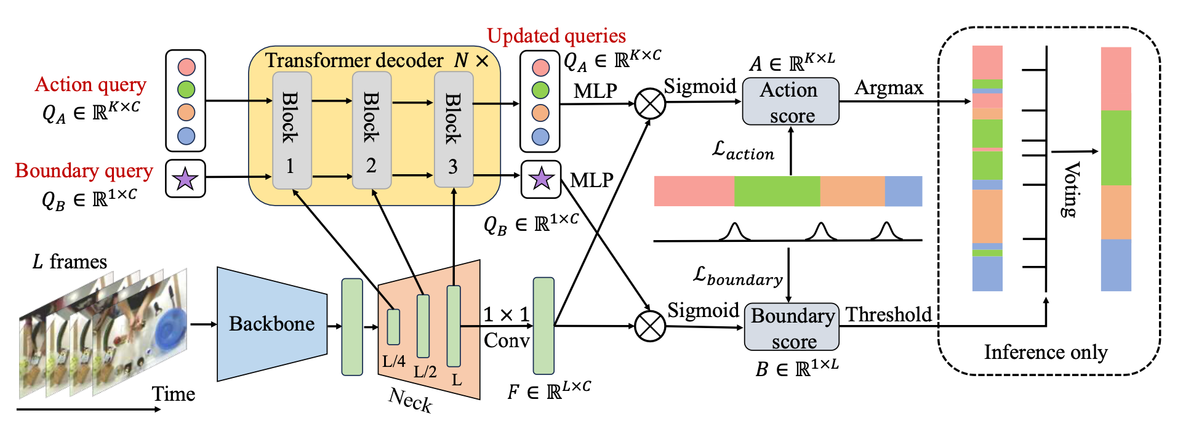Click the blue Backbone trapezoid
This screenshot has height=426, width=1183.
pos(271,324)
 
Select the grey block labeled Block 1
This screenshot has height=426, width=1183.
pos(291,130)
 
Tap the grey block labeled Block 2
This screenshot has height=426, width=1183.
pos(371,130)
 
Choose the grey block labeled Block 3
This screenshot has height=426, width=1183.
pos(453,130)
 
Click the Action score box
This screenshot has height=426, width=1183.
pos(790,102)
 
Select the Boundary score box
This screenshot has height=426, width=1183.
pos(792,327)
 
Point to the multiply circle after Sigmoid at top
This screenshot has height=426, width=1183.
pos(650,103)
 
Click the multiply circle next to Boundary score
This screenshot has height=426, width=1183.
pos(650,326)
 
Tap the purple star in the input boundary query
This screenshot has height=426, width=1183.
pos(185,179)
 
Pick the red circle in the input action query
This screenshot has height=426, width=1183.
pos(186,66)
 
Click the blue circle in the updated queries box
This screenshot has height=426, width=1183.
pos(540,137)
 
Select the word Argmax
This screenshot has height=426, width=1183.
pos(889,88)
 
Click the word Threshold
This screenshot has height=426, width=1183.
pos(889,315)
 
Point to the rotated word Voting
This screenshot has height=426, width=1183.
pos(1071,190)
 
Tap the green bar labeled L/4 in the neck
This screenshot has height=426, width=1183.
pos(393,327)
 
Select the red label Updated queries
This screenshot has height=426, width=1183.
pos(556,36)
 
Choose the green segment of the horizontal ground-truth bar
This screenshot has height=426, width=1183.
pos(777,191)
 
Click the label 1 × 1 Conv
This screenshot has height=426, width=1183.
pos(506,327)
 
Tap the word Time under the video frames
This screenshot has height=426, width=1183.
pos(173,394)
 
